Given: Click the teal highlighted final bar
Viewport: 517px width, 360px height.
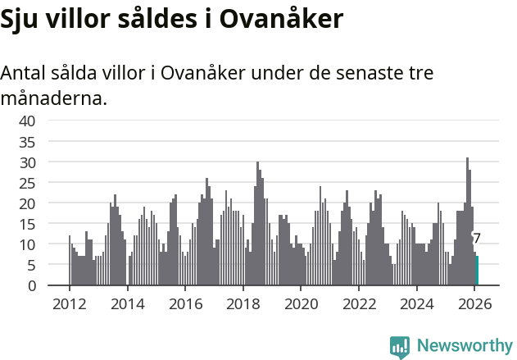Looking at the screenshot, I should pos(477,271).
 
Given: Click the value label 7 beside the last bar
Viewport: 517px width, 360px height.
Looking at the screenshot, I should pos(477,239).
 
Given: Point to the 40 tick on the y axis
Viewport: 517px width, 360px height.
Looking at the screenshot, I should pos(27,121).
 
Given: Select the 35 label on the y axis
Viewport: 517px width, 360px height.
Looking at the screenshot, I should pos(27,141).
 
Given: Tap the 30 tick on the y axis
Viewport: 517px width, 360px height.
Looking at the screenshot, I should pos(27,162).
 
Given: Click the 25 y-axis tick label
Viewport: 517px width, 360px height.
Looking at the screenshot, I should pos(27,183).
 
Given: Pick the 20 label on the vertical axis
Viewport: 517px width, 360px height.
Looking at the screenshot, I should pos(27,203).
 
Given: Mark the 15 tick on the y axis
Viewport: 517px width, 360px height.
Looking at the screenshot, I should pos(27,224).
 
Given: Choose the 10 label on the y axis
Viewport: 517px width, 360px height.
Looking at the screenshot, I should pos(27,244).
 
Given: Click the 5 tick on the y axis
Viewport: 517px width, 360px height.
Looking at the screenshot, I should pos(31,265).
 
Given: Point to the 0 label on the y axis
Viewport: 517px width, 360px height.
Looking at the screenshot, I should pos(31,285).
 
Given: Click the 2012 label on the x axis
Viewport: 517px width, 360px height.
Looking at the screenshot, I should pos(69,303).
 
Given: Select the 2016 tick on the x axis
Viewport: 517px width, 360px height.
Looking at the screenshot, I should pos(185,303).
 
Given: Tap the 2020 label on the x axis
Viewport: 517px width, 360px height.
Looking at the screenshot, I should pos(301,303).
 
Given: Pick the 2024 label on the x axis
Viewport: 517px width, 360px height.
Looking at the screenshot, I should pos(416,303).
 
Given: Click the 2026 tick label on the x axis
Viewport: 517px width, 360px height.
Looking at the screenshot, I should pos(474,303).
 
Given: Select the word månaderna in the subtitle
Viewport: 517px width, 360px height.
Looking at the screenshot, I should pos(52,99).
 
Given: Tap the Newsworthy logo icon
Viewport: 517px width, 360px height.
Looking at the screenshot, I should pos(400,346).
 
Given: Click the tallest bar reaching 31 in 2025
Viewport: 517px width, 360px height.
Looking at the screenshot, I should pos(467,221).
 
